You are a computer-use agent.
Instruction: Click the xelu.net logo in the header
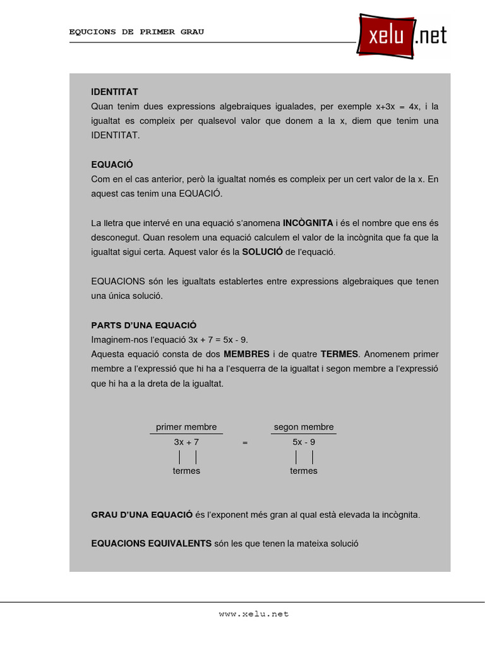(402, 36)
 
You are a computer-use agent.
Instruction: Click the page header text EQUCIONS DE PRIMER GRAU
(136, 32)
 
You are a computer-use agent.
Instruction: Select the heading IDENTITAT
(114, 92)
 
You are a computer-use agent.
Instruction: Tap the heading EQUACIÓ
(112, 165)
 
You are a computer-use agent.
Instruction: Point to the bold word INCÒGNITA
(308, 223)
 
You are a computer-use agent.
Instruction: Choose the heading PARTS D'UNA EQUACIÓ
(144, 325)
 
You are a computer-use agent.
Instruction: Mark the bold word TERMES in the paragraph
(339, 354)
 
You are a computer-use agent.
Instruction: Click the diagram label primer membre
(186, 427)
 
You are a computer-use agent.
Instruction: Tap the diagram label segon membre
(304, 427)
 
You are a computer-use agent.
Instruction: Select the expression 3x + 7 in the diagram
(186, 443)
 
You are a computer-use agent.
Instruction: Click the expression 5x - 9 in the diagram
(304, 443)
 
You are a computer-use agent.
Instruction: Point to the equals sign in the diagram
(245, 444)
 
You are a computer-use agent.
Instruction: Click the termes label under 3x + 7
(186, 471)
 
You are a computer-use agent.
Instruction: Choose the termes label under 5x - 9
(304, 471)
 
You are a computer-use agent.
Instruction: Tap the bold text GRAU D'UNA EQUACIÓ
(142, 515)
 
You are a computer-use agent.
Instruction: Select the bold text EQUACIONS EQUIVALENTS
(152, 543)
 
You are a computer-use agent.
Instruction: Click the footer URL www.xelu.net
(254, 614)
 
